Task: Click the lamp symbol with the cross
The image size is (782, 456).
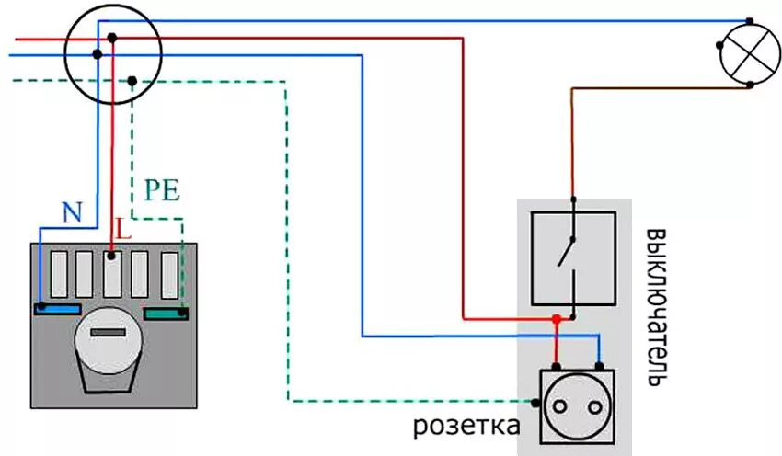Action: (x=751, y=53)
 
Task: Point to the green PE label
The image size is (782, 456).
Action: (x=161, y=191)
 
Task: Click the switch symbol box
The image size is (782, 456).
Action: (x=573, y=258)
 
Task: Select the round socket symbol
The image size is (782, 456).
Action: (x=576, y=404)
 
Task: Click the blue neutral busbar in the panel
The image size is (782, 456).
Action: (x=56, y=308)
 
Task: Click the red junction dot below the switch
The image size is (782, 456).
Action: (x=556, y=319)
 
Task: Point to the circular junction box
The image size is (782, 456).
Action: (x=113, y=54)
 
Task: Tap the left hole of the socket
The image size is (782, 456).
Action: (x=562, y=404)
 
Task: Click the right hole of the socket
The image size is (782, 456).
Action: (x=590, y=404)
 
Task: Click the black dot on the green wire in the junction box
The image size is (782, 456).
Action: (x=132, y=81)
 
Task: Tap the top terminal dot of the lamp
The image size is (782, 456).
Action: (x=750, y=21)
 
